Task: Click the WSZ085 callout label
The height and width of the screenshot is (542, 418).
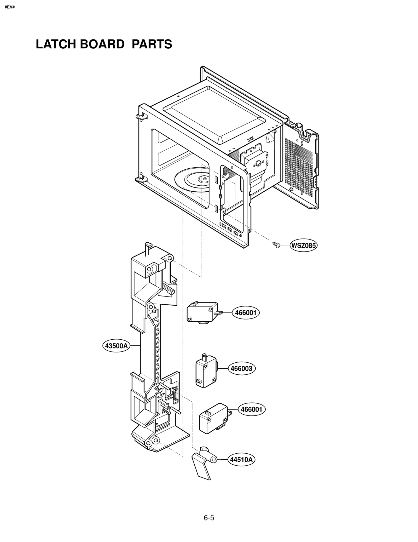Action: pos(303,246)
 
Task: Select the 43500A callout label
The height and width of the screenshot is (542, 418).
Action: pos(116,346)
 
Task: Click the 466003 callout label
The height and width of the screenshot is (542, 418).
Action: pos(241,369)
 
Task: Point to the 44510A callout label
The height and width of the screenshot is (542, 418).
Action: pos(241,459)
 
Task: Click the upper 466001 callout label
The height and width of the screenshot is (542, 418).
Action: pos(246,313)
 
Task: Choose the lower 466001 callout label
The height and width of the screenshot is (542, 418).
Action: pos(252,409)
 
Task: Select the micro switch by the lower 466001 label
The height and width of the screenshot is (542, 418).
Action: pos(213,419)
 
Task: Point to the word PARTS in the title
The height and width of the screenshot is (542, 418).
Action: pos(152,44)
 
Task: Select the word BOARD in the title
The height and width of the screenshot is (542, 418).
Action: pos(102,44)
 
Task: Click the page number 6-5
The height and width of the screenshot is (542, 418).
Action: pos(209,518)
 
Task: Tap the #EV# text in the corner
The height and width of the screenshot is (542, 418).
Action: pos(10,7)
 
